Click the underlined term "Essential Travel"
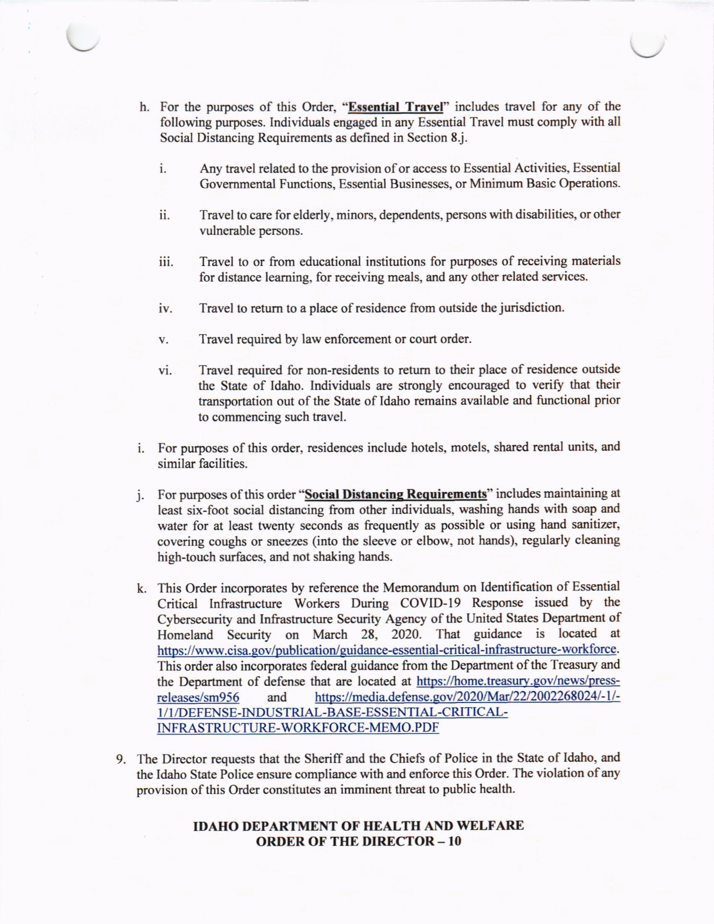point(395,106)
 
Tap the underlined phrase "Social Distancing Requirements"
point(396,494)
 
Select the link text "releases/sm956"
point(198,697)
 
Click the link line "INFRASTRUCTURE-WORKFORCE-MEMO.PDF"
point(298,728)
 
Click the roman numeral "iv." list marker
point(165,309)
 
